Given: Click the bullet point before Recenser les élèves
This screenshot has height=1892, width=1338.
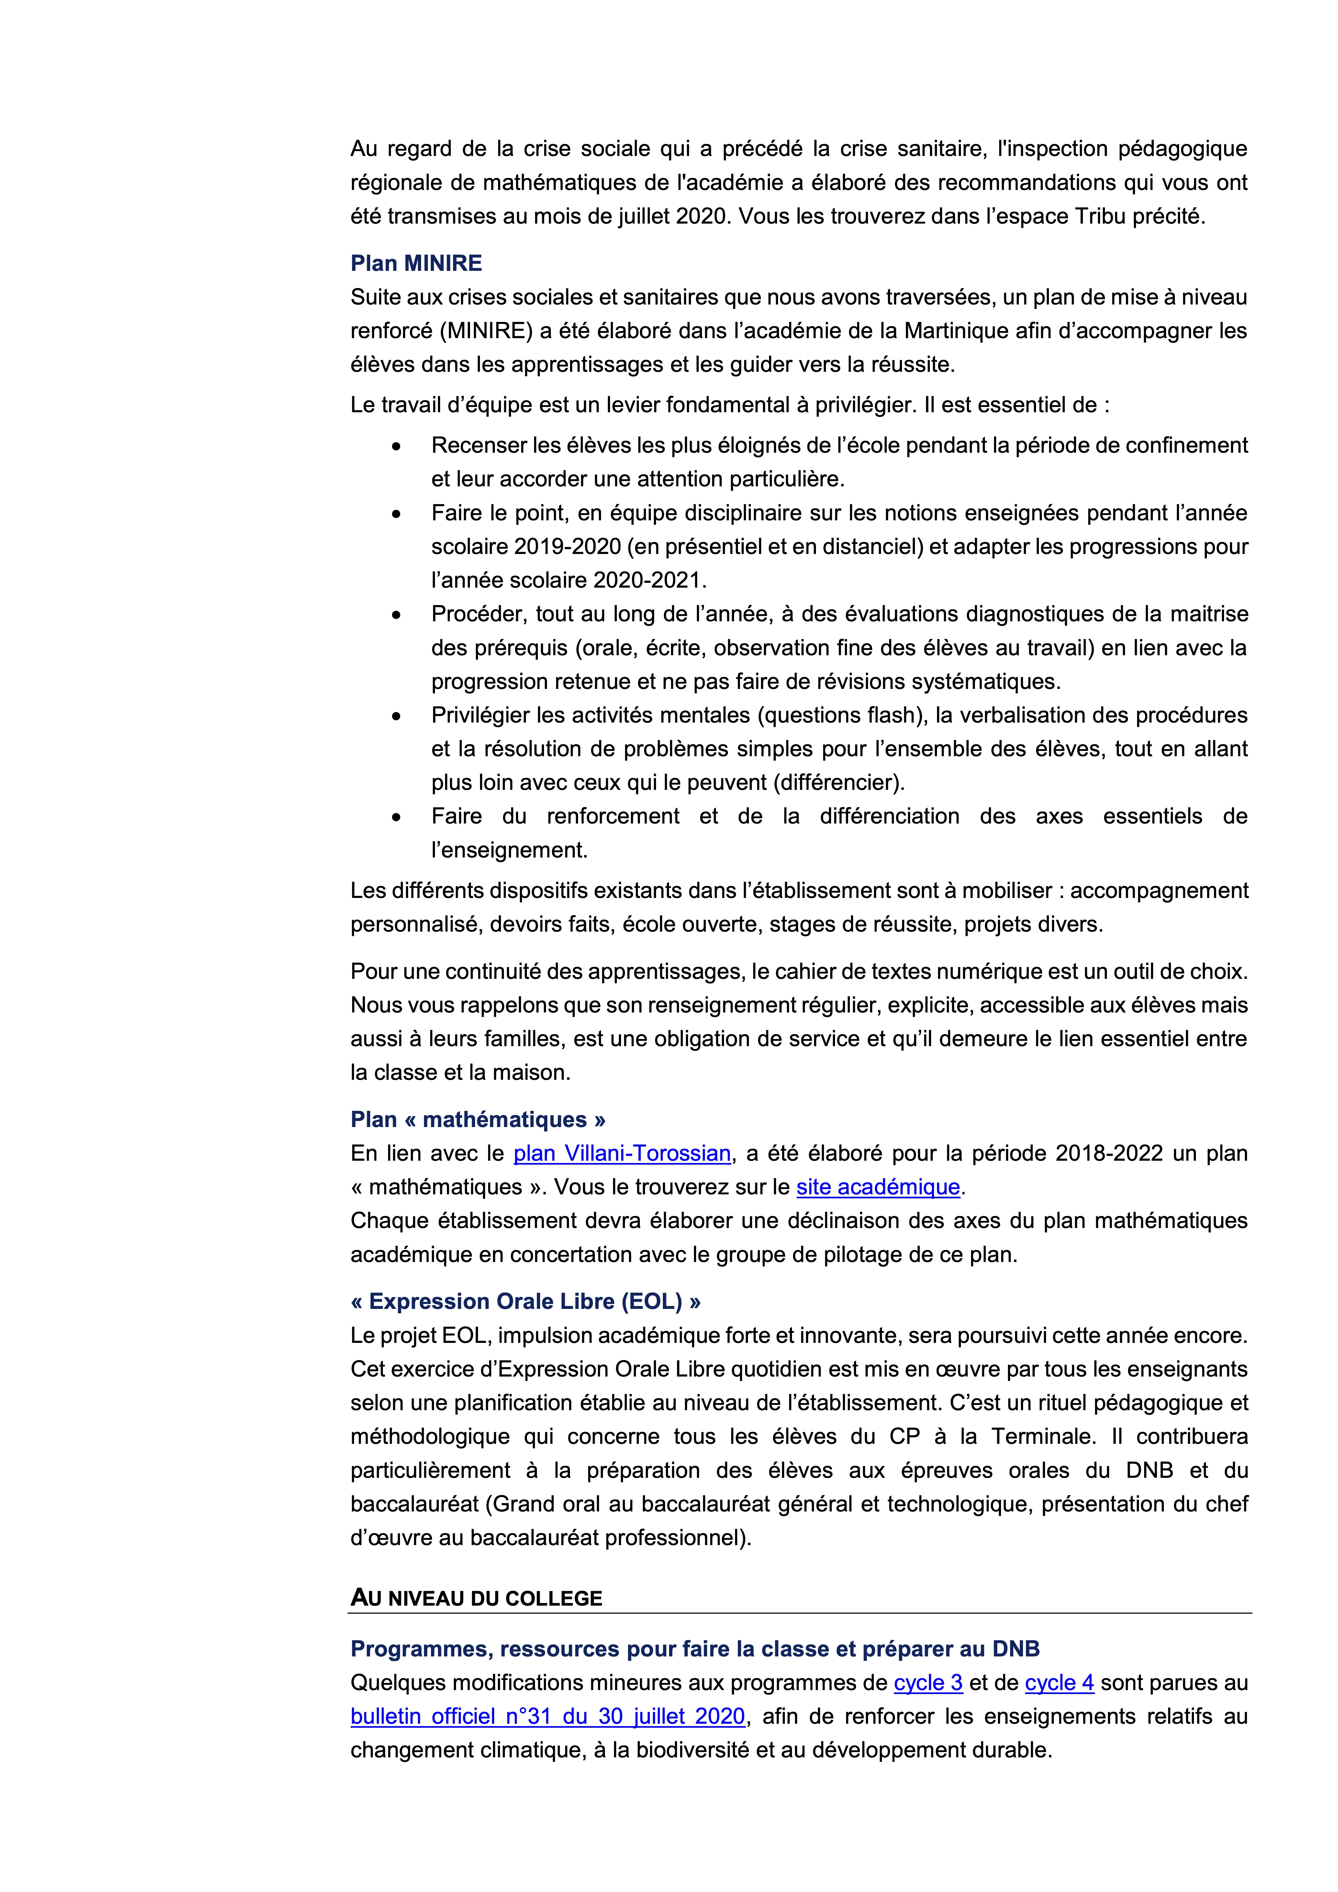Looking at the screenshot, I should (x=396, y=446).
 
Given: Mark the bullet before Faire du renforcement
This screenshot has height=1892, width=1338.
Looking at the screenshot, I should (x=396, y=817).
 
